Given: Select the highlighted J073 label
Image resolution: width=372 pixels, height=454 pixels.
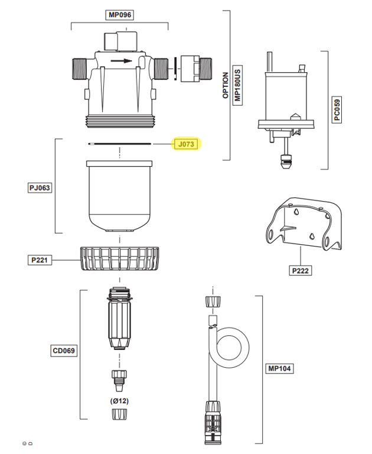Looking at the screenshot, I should [x=187, y=144].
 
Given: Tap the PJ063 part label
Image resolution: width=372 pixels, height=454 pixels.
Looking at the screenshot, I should [x=40, y=188].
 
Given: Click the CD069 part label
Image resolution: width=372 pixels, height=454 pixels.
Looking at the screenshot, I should [x=64, y=351].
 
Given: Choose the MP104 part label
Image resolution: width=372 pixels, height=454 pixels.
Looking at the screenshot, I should [x=280, y=368].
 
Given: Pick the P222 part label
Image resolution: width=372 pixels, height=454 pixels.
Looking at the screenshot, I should [x=301, y=271].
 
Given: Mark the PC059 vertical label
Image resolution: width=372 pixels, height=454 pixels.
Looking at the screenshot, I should [x=337, y=110].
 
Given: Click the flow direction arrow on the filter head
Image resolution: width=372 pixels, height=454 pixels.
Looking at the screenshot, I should [x=122, y=60].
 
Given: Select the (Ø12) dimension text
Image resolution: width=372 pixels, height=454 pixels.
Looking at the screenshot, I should [x=119, y=401].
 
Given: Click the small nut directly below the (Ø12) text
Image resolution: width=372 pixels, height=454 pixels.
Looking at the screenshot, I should [x=119, y=414].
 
